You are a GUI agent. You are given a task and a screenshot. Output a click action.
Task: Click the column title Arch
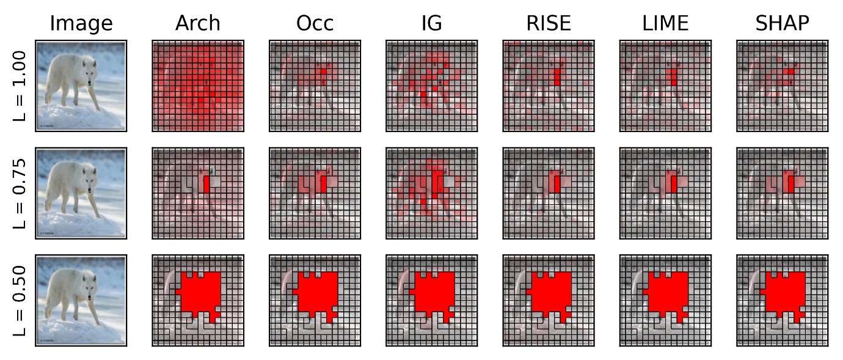pyautogui.click(x=198, y=23)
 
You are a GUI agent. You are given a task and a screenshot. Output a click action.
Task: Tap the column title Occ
pyautogui.click(x=315, y=23)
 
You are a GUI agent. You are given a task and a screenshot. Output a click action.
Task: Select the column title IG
pyautogui.click(x=431, y=23)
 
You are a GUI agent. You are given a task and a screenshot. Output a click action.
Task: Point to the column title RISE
pyautogui.click(x=548, y=23)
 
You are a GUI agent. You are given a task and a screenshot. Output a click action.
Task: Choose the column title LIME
pyautogui.click(x=665, y=23)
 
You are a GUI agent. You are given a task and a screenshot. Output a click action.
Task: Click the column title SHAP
pyautogui.click(x=782, y=23)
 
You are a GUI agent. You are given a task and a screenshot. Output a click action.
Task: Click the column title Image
pyautogui.click(x=81, y=23)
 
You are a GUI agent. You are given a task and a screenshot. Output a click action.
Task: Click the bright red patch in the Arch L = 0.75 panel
pyautogui.click(x=206, y=184)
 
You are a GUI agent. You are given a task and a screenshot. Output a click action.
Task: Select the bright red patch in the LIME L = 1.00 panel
pyautogui.click(x=674, y=77)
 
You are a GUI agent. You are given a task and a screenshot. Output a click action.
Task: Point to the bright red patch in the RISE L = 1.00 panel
pyautogui.click(x=557, y=77)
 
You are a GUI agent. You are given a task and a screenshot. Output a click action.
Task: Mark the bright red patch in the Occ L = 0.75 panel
pyautogui.click(x=324, y=185)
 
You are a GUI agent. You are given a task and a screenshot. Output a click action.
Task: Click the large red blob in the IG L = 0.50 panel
pyautogui.click(x=434, y=293)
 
